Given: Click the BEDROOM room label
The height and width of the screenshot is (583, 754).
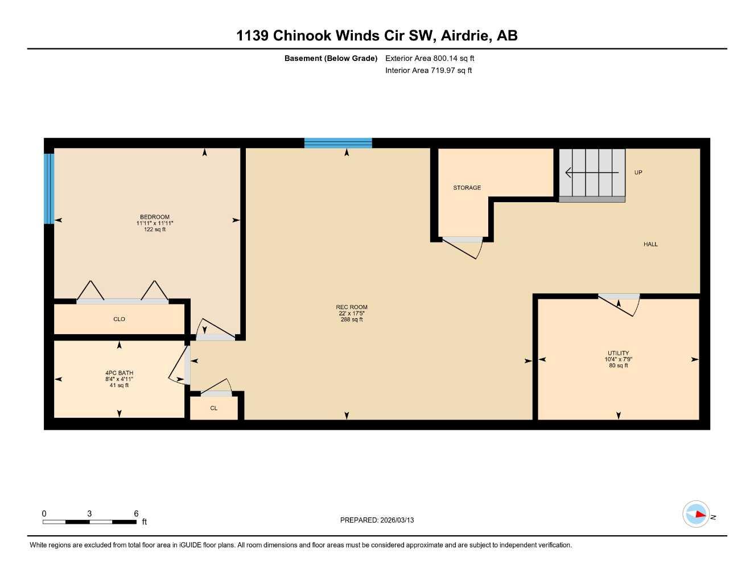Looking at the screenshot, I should tap(155, 217).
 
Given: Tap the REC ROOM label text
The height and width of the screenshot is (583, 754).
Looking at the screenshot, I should tap(352, 307).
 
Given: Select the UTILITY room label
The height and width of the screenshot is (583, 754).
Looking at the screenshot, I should tap(618, 353).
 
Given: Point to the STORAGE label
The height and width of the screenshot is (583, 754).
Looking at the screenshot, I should tap(467, 188).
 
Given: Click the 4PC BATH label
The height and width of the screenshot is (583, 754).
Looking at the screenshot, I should tap(119, 373).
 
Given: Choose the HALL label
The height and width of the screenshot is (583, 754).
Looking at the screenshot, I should tap(650, 244).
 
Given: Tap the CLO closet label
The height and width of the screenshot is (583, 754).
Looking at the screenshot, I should tap(119, 319).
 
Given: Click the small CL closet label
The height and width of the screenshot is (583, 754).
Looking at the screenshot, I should tap(214, 408).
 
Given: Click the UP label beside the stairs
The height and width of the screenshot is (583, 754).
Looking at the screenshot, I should tap(638, 173).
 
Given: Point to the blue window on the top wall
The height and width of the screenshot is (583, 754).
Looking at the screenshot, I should tap(338, 143).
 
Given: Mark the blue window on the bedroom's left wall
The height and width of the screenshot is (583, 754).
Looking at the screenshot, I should tap(49, 188).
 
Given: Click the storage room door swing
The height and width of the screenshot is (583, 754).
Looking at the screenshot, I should tap(464, 247).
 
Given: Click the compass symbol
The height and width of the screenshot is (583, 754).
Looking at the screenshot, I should tap(697, 514).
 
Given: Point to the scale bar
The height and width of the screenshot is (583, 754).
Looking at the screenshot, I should tap(89, 522).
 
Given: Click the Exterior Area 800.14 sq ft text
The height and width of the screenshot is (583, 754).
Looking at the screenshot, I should tap(430, 58).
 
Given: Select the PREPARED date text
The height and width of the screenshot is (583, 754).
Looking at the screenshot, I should tap(377, 520).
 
